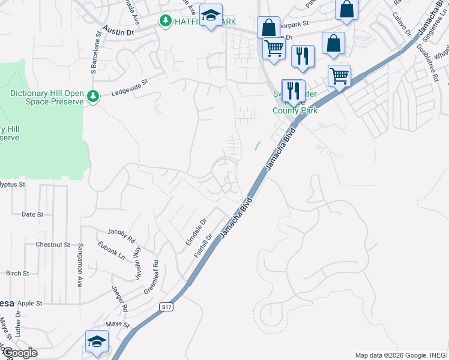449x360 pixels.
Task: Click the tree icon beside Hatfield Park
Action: pos(165,20)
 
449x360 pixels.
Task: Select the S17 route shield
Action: pos(167,307)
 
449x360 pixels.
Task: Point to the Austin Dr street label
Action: pos(118,30)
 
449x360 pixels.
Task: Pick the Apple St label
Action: pos(30,304)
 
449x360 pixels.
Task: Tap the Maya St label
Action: pos(118,325)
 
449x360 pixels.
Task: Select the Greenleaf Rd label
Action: pos(149,277)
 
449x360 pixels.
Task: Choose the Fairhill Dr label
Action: pos(203,246)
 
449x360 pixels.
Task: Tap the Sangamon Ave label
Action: pos(79,270)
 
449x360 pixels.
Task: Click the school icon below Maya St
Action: pos(97,341)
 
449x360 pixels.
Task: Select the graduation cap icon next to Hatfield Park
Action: pos(211,16)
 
